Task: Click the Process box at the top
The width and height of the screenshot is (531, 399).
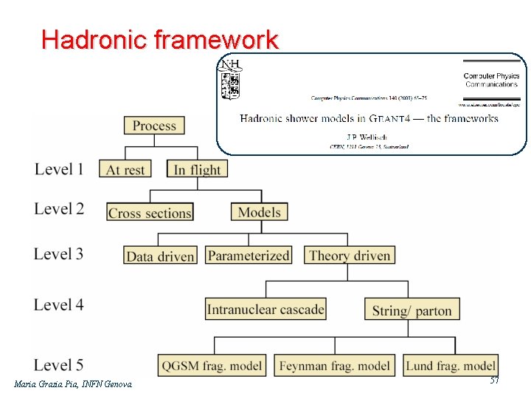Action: (x=154, y=126)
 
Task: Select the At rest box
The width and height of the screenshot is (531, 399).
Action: (x=125, y=169)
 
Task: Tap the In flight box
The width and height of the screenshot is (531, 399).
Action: (x=197, y=169)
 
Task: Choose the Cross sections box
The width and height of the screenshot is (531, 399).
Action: (x=150, y=213)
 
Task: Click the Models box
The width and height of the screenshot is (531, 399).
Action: (x=260, y=212)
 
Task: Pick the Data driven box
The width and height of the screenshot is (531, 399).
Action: (x=160, y=256)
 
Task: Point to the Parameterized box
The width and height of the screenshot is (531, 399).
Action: (x=249, y=256)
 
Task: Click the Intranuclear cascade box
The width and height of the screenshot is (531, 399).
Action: (x=265, y=309)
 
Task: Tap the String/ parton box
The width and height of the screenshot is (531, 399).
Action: (x=412, y=310)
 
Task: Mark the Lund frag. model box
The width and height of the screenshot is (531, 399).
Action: (x=450, y=365)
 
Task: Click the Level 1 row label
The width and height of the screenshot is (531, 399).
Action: (x=58, y=169)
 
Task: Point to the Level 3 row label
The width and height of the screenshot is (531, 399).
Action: (x=58, y=254)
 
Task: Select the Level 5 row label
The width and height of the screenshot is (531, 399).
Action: (x=58, y=365)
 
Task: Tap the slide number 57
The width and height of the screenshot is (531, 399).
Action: (x=494, y=380)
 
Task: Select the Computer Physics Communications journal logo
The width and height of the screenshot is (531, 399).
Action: (x=491, y=79)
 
